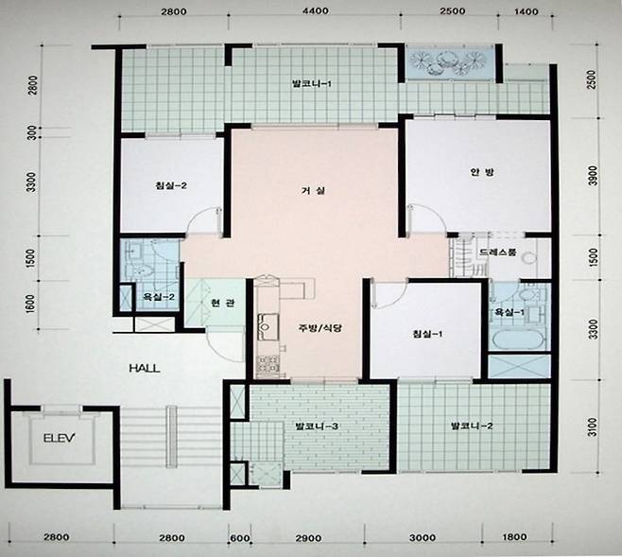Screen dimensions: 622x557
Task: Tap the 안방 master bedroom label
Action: [482, 172]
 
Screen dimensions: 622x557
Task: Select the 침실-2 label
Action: [171, 185]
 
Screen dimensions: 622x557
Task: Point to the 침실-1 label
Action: [427, 334]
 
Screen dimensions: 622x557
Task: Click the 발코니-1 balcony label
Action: [311, 84]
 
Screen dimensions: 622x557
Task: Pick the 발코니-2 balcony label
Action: [472, 426]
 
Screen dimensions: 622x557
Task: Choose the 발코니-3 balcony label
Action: [317, 426]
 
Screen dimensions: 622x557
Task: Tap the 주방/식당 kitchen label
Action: [320, 328]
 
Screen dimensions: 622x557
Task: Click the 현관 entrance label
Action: [223, 304]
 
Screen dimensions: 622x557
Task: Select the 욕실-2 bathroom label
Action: [159, 296]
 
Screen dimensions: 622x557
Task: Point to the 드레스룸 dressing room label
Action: [498, 252]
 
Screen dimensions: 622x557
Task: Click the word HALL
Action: [145, 368]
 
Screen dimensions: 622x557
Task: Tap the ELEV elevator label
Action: [60, 438]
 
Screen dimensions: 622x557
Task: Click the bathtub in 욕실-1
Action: [518, 340]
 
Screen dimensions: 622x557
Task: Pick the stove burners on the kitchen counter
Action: [268, 365]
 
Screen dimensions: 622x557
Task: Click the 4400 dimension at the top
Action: [316, 10]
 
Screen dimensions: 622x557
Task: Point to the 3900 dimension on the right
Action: [592, 175]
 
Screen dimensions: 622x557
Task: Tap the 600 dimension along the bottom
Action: [240, 538]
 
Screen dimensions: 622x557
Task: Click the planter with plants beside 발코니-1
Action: [449, 62]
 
